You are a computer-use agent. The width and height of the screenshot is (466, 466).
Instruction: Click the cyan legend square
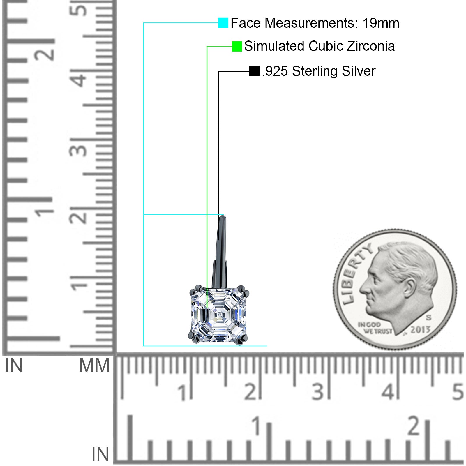[223, 23]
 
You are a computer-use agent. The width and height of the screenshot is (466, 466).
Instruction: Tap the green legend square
[237, 46]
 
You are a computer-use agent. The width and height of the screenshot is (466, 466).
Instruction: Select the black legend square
[254, 71]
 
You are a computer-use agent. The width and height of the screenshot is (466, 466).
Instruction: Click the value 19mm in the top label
[381, 23]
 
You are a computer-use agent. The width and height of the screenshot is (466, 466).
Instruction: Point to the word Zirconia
[371, 46]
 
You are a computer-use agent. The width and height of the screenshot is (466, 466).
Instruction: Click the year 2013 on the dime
[420, 329]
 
